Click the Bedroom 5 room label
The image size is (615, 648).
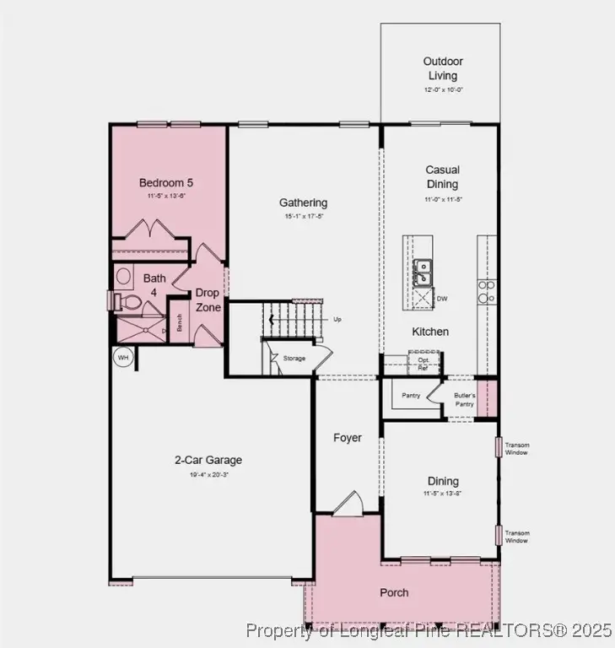[160, 182]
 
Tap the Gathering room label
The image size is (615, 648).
[304, 202]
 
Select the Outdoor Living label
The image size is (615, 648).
[442, 68]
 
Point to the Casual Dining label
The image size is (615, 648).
[442, 177]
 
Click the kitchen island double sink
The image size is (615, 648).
[423, 273]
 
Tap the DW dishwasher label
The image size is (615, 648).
[442, 298]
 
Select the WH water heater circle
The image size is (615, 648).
[123, 357]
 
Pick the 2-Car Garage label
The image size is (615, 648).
[208, 460]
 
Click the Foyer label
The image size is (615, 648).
[348, 438]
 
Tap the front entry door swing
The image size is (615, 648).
[347, 504]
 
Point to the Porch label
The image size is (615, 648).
[394, 592]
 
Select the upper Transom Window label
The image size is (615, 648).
[517, 449]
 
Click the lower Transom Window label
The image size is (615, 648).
[517, 537]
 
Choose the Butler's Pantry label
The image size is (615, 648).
[465, 400]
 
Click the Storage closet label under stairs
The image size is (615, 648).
[294, 359]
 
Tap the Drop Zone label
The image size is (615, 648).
[208, 300]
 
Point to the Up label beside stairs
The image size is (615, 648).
[338, 320]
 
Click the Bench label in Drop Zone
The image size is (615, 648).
[179, 322]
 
